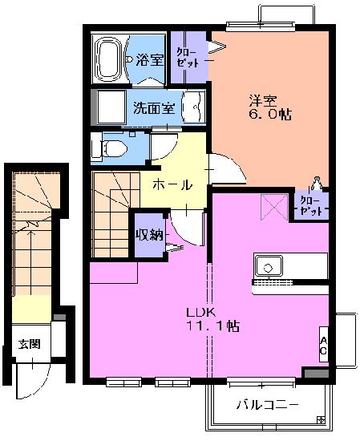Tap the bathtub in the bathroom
click(x=109, y=59)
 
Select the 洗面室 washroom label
click(x=154, y=107)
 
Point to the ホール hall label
click(x=172, y=184)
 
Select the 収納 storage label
click(x=149, y=234)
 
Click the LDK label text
click(x=199, y=312)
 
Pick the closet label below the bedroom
click(x=311, y=205)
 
